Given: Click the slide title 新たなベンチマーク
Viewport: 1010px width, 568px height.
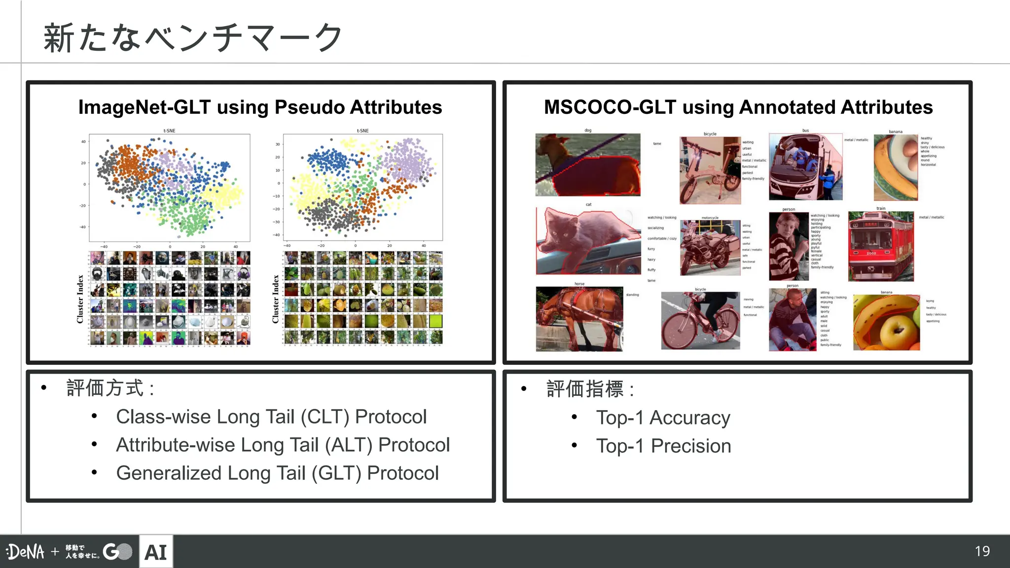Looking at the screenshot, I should pyautogui.click(x=192, y=37).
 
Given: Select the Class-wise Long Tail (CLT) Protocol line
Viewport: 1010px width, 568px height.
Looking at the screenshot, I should pyautogui.click(x=271, y=417).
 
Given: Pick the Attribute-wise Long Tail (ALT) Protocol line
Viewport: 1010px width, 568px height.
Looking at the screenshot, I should pyautogui.click(x=283, y=445).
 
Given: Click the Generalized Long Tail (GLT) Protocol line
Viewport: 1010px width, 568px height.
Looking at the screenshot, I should pyautogui.click(x=277, y=473).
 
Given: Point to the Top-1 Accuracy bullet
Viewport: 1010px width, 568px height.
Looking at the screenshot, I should pyautogui.click(x=663, y=418).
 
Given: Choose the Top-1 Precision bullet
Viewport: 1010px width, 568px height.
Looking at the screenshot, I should pyautogui.click(x=663, y=446).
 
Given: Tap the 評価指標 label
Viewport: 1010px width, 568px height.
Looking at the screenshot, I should pyautogui.click(x=585, y=389).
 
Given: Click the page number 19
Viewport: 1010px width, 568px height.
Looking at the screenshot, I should pyautogui.click(x=982, y=551).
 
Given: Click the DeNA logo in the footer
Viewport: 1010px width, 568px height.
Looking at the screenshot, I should pyautogui.click(x=26, y=552).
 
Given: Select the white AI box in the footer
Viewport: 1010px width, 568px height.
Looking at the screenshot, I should pyautogui.click(x=156, y=552).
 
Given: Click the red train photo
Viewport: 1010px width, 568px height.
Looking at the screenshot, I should pyautogui.click(x=881, y=247).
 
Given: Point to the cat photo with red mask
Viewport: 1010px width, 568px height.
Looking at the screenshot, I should pyautogui.click(x=588, y=241).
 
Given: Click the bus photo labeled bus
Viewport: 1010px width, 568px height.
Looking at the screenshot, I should pyautogui.click(x=805, y=167).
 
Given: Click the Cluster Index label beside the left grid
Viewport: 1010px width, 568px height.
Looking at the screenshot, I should pyautogui.click(x=80, y=299).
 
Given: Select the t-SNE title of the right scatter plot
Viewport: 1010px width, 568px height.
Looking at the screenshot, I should pyautogui.click(x=362, y=131).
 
